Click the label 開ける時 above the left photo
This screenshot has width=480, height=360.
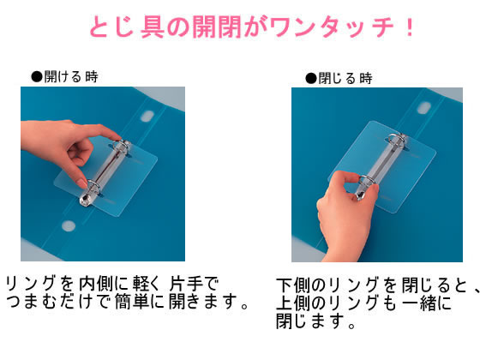pyautogui.click(x=70, y=76)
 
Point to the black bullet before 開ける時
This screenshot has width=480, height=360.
pyautogui.click(x=36, y=76)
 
